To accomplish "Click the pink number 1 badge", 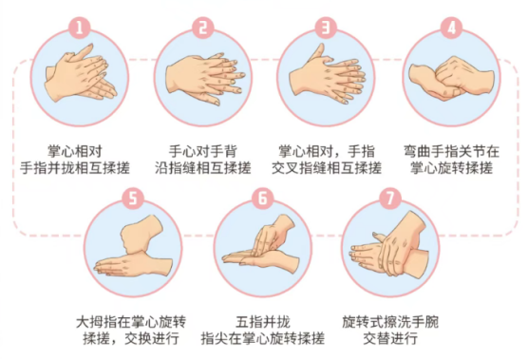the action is tap(80, 28).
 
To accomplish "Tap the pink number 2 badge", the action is tap(202, 28).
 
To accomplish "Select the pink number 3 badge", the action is tap(327, 28).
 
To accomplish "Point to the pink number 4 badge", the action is tap(451, 28).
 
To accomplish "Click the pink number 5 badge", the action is tap(133, 198).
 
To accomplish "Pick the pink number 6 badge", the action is tap(263, 198).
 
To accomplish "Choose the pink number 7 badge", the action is tap(390, 198).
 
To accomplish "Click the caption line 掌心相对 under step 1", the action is tap(75, 152).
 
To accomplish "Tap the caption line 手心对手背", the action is tap(203, 152).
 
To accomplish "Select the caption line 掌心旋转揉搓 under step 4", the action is tap(452, 168).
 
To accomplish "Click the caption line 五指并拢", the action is tap(263, 322).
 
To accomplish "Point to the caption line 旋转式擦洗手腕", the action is tap(390, 322).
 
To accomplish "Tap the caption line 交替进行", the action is tap(390, 338).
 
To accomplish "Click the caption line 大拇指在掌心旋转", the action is tap(131, 322).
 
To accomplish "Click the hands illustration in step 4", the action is tap(451, 79).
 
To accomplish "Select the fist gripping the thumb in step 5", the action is tap(142, 234).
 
